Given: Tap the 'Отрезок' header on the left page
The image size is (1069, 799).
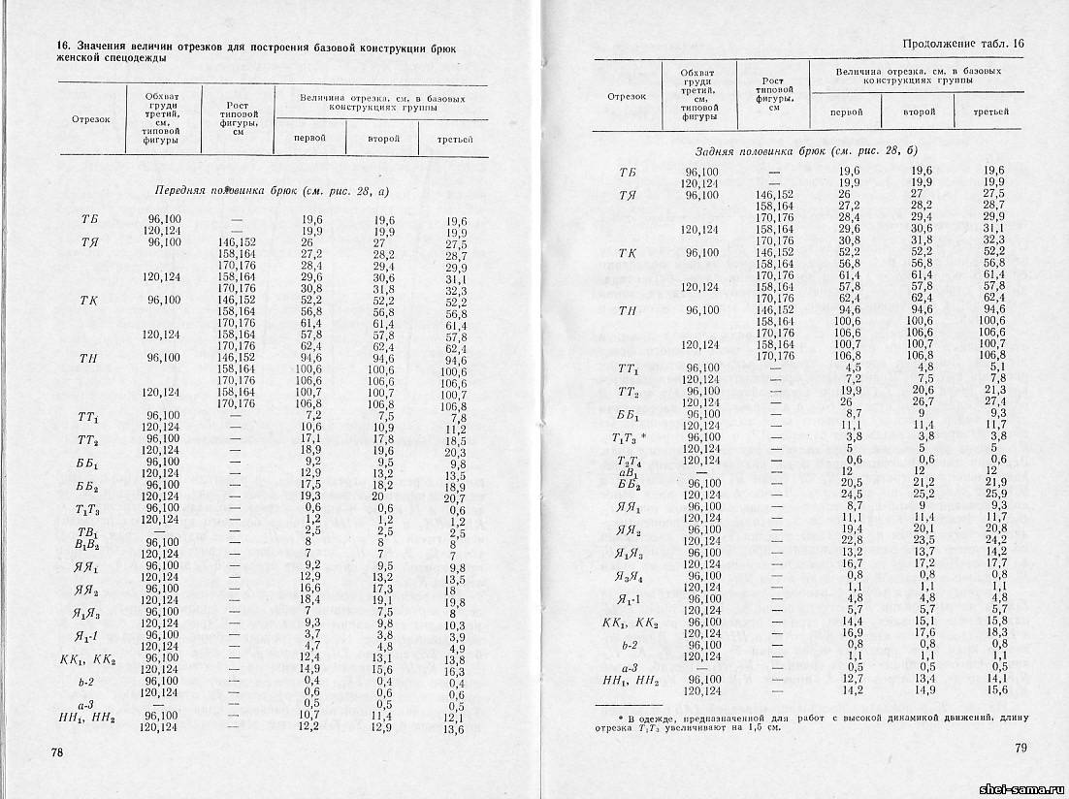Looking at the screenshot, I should [90, 120].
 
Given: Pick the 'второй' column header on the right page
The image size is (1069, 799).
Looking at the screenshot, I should [919, 112].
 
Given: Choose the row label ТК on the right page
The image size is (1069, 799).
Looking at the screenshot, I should [628, 253].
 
